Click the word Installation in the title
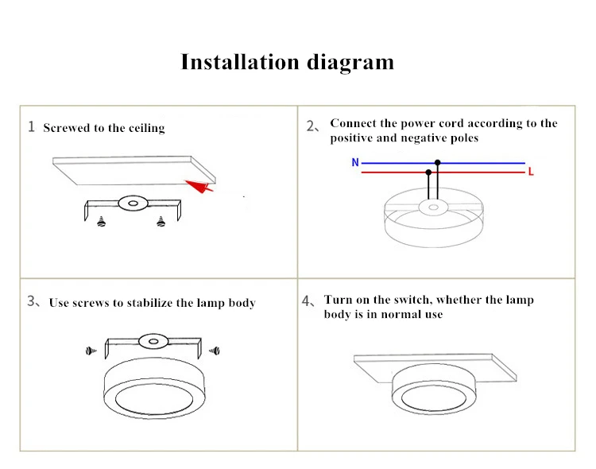(x=240, y=62)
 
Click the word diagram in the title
(x=350, y=63)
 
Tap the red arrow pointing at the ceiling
(x=199, y=186)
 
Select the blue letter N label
(x=355, y=162)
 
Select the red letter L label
(x=531, y=172)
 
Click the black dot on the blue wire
(x=438, y=163)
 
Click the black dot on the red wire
(x=429, y=172)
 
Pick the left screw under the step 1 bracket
(x=101, y=221)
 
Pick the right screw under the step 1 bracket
(x=161, y=221)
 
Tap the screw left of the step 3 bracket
(x=91, y=351)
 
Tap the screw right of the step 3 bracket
(x=215, y=351)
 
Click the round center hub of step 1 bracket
(x=133, y=203)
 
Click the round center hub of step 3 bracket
(x=153, y=341)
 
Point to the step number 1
(x=32, y=126)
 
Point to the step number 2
(x=310, y=126)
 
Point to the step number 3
(x=31, y=301)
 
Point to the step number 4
(x=307, y=300)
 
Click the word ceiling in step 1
(x=147, y=128)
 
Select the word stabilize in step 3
(x=149, y=303)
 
